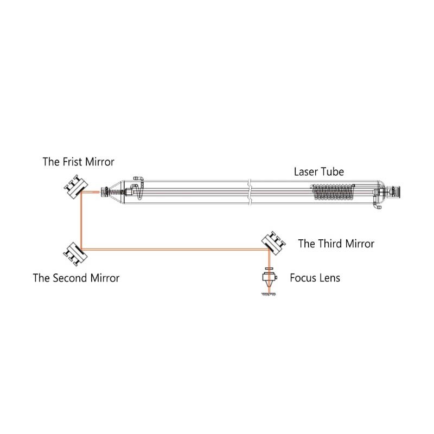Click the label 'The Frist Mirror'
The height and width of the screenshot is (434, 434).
coord(78,162)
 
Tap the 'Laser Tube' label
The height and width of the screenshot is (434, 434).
coord(319,171)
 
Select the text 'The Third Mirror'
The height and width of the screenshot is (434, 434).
coord(336,244)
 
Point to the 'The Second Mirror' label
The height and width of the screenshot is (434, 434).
coord(76,278)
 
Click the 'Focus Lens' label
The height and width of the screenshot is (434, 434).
coord(315,278)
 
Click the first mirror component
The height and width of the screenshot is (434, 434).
coord(75,187)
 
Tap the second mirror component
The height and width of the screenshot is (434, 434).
coord(75,254)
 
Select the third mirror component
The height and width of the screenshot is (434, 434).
coord(274,243)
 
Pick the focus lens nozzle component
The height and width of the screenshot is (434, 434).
coord(270,278)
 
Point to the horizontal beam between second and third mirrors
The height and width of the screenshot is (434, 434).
coord(175,250)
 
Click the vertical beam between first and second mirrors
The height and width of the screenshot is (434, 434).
coord(81,221)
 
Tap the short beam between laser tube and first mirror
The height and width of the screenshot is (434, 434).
coord(90,192)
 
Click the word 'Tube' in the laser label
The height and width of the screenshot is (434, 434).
coord(331,171)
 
